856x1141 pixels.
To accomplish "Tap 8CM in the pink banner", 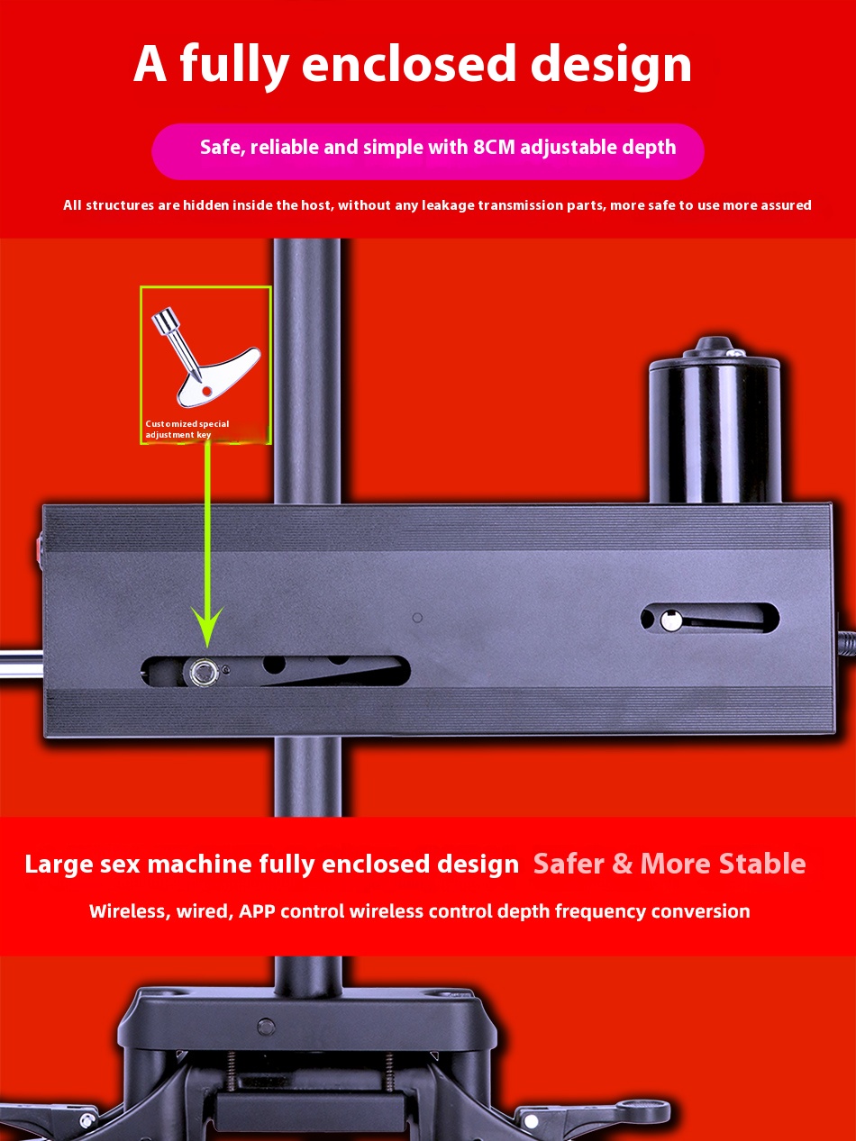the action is pyautogui.click(x=494, y=147).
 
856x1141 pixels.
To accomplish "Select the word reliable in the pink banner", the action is pyautogui.click(x=285, y=147).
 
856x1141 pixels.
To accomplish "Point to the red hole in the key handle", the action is pyautogui.click(x=207, y=390).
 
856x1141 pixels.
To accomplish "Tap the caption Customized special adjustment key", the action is pyautogui.click(x=187, y=430).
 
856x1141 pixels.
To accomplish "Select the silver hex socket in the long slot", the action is pyautogui.click(x=204, y=672).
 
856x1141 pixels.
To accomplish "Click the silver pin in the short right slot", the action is pyautogui.click(x=671, y=620).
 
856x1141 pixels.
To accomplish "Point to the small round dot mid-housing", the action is pyautogui.click(x=417, y=618).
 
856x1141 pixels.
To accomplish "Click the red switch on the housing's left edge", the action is pyautogui.click(x=40, y=550).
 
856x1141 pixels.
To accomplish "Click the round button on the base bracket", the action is pyautogui.click(x=267, y=1027).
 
